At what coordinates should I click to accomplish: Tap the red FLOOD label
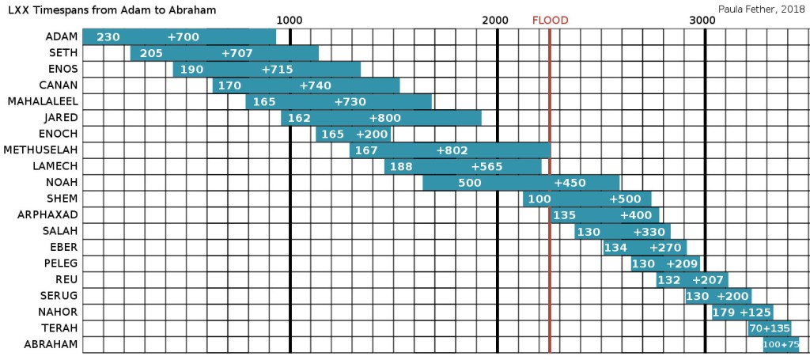coord(550,21)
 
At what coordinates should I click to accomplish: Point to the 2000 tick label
coord(496,21)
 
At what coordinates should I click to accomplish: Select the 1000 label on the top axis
coord(290,21)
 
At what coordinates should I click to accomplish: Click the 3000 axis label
coord(703,21)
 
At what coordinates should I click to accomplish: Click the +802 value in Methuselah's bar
coord(452,150)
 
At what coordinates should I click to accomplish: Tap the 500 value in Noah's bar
coord(469,183)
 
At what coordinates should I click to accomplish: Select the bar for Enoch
coord(354,135)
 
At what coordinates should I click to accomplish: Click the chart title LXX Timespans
coord(112,9)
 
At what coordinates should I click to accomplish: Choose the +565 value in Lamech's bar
coord(486,167)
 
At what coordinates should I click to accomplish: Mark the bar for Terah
coord(769,328)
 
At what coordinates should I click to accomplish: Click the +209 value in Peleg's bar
coord(682,263)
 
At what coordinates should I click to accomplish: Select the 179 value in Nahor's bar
coord(724,313)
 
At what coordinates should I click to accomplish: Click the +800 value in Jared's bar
coord(385,118)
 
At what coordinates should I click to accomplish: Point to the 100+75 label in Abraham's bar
coord(781,345)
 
